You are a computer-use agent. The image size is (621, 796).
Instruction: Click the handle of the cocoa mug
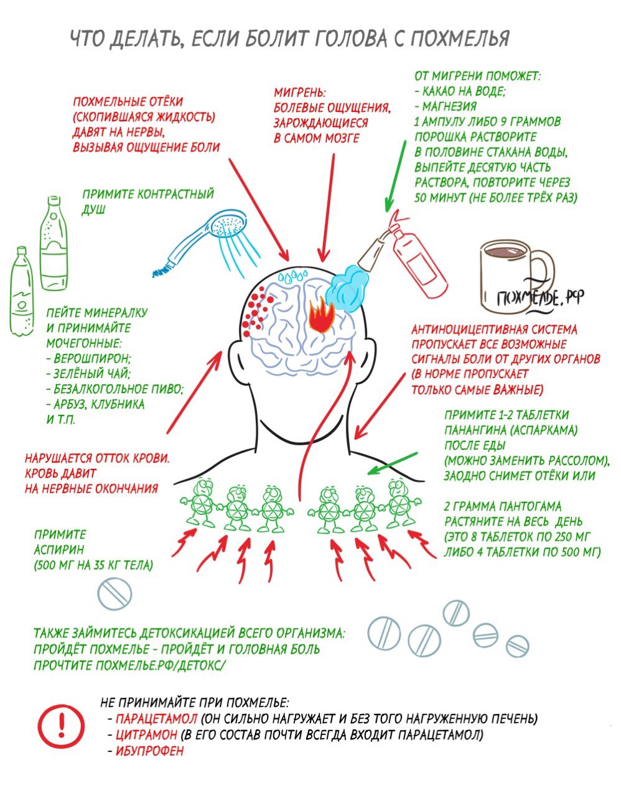click(543, 276)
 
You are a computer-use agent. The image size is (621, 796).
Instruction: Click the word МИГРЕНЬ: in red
click(300, 92)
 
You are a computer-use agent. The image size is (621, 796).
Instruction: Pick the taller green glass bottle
click(54, 244)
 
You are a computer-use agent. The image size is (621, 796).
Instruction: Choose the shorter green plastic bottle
click(22, 292)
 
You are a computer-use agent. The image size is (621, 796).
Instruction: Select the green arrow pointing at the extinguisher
click(395, 175)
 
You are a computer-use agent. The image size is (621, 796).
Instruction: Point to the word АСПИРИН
click(59, 550)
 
